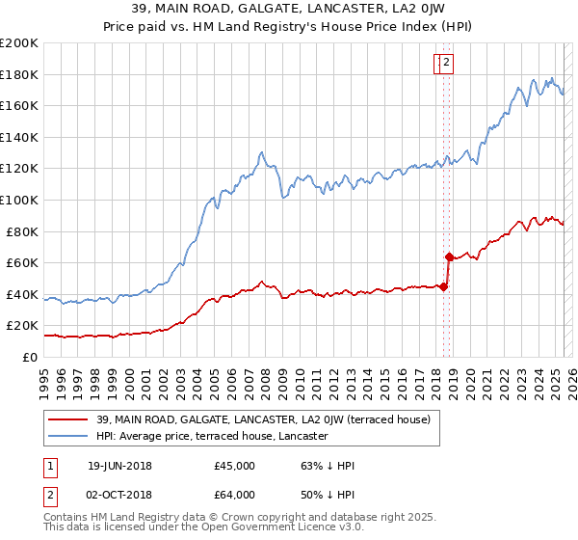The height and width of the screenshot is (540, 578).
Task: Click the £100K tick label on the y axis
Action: click(19, 200)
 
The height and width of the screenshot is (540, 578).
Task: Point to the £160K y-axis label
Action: click(19, 105)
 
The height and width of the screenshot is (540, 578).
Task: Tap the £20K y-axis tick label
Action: click(23, 326)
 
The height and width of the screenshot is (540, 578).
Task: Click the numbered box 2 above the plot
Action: click(448, 64)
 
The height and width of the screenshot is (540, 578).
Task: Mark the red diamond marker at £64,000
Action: click(449, 256)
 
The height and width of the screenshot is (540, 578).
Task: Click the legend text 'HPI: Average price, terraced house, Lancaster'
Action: click(212, 437)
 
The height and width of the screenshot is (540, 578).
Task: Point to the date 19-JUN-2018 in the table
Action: click(119, 466)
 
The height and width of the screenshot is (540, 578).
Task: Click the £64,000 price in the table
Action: click(234, 494)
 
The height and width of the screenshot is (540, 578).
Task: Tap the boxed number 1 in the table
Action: click(50, 466)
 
